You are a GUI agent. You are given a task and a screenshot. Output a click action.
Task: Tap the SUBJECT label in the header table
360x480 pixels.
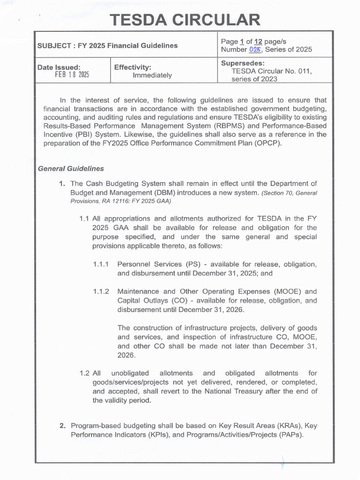click(53, 45)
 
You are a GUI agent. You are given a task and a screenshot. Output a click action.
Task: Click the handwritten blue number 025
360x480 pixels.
click(255, 50)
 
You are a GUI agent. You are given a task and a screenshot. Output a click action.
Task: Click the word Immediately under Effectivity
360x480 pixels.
click(152, 75)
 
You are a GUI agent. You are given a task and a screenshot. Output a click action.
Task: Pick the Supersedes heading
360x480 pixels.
click(242, 63)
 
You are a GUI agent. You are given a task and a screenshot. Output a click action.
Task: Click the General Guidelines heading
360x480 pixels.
click(71, 169)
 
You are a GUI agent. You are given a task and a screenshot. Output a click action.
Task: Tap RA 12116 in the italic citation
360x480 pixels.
click(115, 201)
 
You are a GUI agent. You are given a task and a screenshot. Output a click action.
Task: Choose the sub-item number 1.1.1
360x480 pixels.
click(101, 264)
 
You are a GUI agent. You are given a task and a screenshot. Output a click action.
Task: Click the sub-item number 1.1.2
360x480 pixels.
click(101, 292)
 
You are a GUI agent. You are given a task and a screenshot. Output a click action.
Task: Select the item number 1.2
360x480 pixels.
click(84, 373)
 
